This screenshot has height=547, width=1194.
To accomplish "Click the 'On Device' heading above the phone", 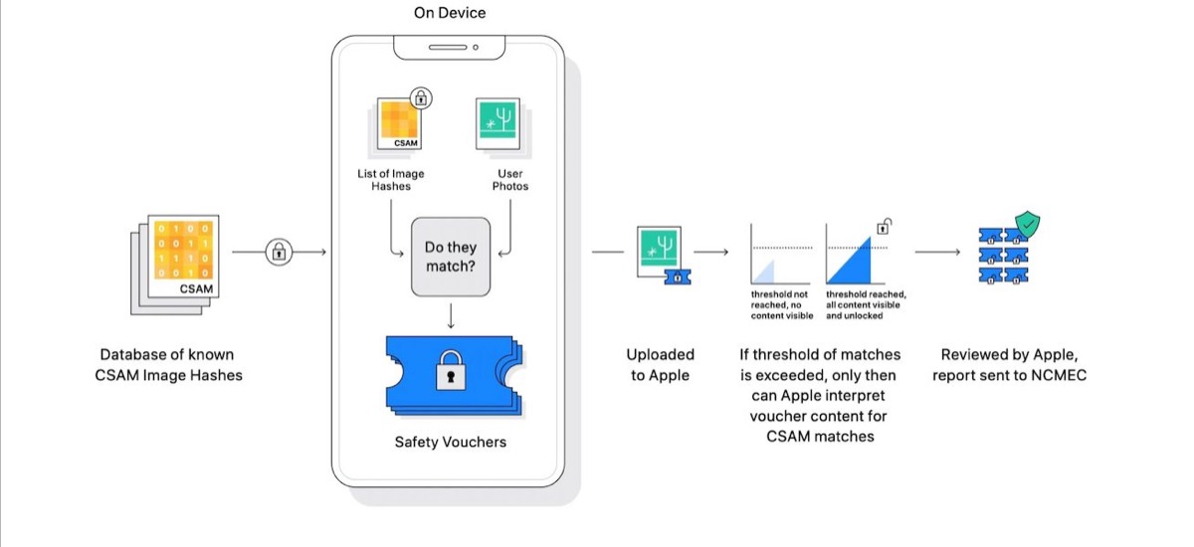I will pos(450,13).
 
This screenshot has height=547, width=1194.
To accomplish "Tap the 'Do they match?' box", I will pos(451,257).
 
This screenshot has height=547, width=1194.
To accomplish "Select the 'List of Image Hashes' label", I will pos(391,180).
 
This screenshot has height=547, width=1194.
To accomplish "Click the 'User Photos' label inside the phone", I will pos(510,180).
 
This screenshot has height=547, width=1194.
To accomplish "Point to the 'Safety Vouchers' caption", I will pos(450,441).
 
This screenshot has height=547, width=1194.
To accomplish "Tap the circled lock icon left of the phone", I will pos(280,253).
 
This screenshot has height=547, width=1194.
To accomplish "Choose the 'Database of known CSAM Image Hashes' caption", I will pos(167,365).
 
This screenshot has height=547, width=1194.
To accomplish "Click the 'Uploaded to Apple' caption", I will pos(660,365).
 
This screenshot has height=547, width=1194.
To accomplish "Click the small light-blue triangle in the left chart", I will pos(764,273).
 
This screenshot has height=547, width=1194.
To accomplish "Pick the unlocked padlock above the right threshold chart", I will pos(882,228).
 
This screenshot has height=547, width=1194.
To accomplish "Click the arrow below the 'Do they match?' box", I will pos(451,316).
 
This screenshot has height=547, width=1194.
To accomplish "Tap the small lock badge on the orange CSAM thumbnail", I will pos(422,97).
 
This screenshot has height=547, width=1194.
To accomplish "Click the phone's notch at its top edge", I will pos(448,47).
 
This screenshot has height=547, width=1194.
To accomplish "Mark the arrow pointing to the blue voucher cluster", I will pos(937,253).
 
